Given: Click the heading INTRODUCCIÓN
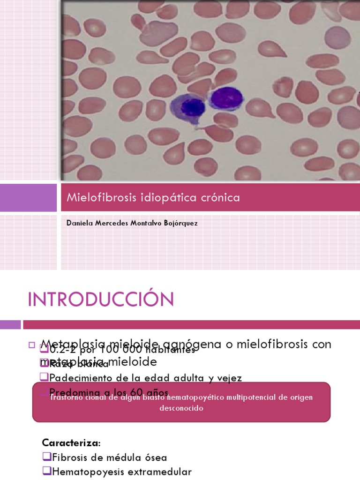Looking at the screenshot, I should tap(101, 299).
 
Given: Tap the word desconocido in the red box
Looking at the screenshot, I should tap(181, 408).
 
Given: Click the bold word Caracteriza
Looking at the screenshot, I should tap(71, 443).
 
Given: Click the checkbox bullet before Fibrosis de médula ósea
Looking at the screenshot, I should tap(45, 457).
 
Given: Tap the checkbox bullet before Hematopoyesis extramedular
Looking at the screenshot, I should tap(45, 472).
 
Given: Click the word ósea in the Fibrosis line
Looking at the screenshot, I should tap(155, 457).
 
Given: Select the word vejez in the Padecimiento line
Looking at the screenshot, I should tap(228, 377).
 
